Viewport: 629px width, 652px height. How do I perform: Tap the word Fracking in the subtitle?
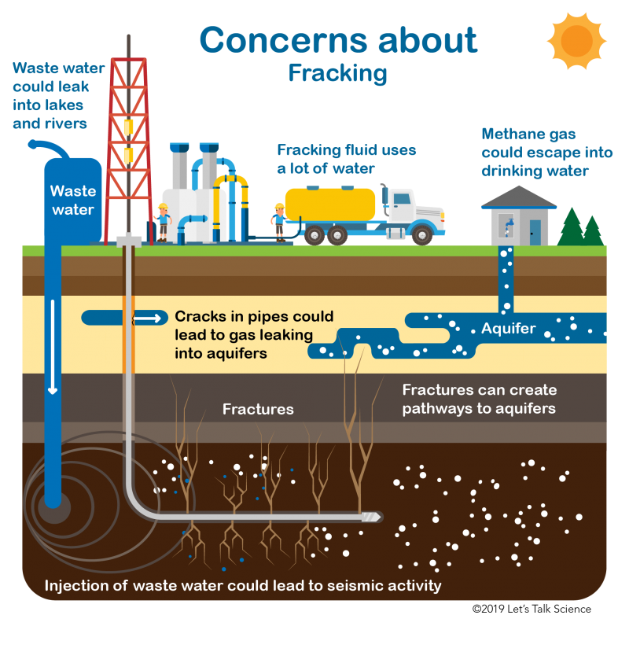click(x=337, y=73)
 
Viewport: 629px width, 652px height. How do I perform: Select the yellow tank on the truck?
click(x=330, y=204)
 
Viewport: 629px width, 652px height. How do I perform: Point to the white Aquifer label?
click(x=509, y=328)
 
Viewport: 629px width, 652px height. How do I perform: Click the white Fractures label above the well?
click(x=258, y=409)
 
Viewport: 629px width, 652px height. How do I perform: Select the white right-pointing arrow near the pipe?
click(x=149, y=318)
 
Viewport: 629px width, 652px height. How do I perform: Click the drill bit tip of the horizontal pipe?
click(x=373, y=517)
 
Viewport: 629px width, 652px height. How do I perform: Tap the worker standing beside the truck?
click(x=278, y=220)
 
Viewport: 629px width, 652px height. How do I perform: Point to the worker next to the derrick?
click(x=164, y=219)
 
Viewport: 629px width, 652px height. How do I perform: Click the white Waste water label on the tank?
click(x=73, y=200)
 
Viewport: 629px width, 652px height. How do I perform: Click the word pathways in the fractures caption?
click(x=440, y=408)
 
